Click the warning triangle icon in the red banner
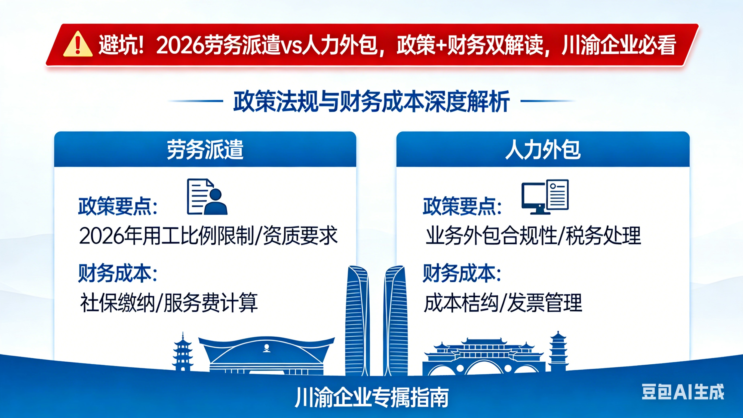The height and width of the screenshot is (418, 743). pos(78,44)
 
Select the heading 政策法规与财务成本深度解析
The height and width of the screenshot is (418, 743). pos(371,101)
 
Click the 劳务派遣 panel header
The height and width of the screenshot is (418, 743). pos(205,149)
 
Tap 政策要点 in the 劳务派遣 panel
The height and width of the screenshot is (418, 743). pos(118,206)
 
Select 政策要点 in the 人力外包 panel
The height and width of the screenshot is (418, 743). pos(462,206)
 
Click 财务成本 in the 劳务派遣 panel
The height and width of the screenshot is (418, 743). pos(118,273)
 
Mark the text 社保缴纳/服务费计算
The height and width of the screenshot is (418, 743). pos(169,303)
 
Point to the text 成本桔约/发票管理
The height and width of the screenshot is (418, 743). pos(503,303)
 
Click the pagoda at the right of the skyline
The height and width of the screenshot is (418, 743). pos(558,352)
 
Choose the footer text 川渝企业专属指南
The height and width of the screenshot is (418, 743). pos(371,397)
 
